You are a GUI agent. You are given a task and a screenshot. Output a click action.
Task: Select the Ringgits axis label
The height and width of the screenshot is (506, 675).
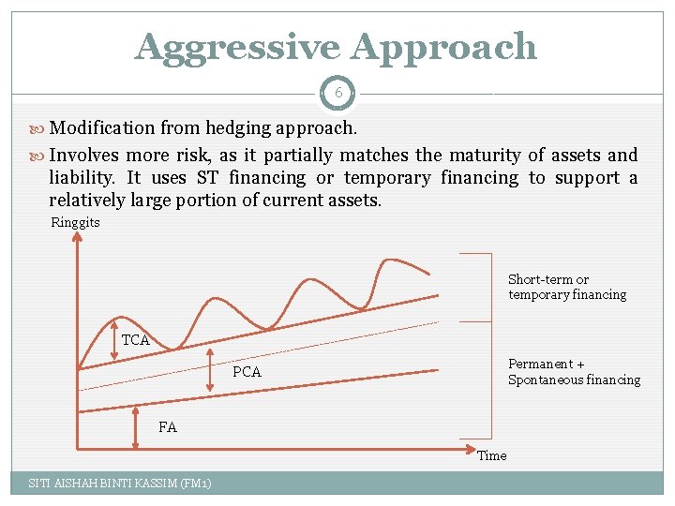coord(75,223)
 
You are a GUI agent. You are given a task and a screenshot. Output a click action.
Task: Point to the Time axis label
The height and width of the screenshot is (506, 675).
coord(491,456)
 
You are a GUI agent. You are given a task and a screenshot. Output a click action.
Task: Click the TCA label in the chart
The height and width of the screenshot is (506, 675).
coord(136,340)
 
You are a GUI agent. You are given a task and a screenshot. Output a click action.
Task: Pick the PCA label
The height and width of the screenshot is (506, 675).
coord(247,372)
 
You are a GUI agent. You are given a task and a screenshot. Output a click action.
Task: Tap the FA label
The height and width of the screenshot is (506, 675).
coord(167,427)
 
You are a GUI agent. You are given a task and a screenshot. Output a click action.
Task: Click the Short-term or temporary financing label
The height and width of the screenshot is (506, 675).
coord(566,287)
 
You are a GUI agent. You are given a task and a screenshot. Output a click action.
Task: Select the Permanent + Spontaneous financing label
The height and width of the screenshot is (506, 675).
coord(574,372)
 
